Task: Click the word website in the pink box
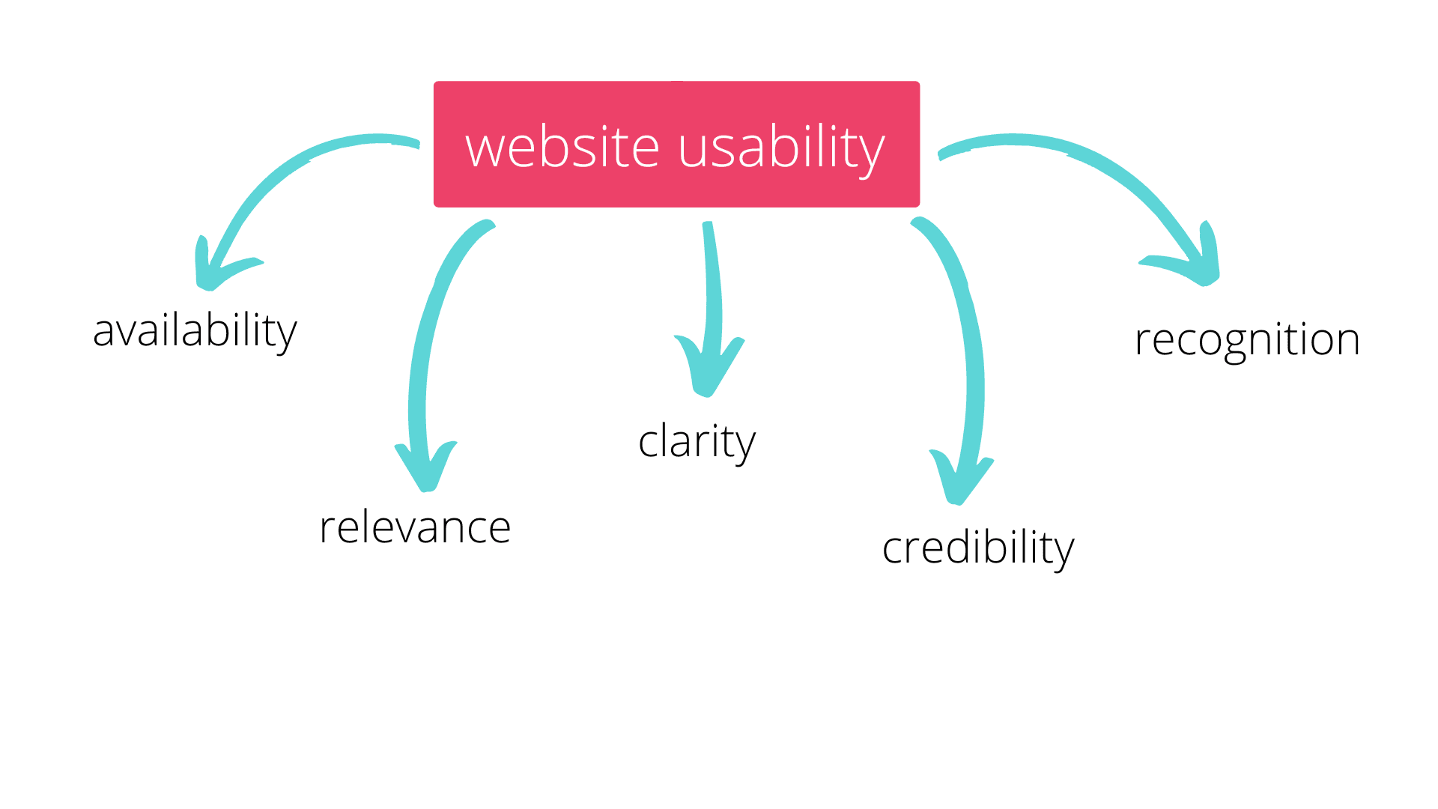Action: click(562, 147)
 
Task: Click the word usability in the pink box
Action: click(781, 148)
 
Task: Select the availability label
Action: click(195, 331)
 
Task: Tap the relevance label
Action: click(415, 527)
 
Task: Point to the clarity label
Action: click(697, 442)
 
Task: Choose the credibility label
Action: click(978, 548)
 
